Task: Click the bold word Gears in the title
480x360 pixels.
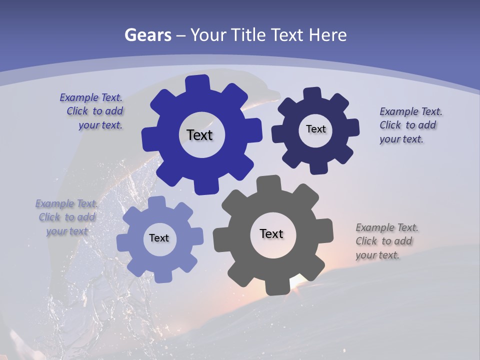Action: [147, 35]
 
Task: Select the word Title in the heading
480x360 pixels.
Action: [247, 35]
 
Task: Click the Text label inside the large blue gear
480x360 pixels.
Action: [199, 135]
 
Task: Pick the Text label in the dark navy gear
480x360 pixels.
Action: [315, 129]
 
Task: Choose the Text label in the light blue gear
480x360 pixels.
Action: [159, 238]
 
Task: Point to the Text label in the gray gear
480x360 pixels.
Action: [271, 233]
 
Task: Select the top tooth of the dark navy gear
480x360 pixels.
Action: [312, 93]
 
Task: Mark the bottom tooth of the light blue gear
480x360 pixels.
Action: [161, 276]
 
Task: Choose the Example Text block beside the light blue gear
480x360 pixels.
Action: [66, 217]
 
